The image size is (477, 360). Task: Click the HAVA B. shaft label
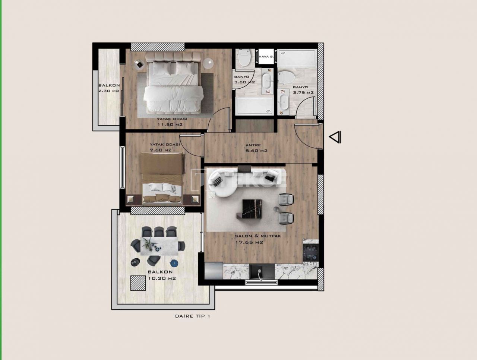pos(266,57)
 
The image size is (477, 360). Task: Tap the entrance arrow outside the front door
pos(335,137)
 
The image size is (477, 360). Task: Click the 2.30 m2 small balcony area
pos(108,90)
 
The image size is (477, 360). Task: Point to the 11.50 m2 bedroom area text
pos(172,125)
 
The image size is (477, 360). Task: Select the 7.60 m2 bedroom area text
pos(160,150)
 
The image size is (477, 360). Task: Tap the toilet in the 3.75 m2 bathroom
pos(287,77)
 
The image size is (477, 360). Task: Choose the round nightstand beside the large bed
pos(208,63)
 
